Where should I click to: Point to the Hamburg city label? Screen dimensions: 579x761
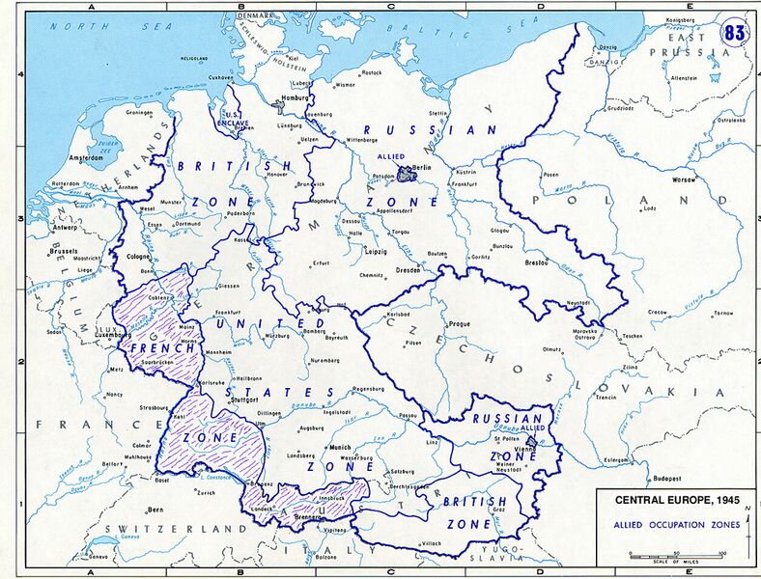click(x=296, y=98)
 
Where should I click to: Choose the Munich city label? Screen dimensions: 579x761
click(x=340, y=447)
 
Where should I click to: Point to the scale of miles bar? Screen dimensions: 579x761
click(x=675, y=556)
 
